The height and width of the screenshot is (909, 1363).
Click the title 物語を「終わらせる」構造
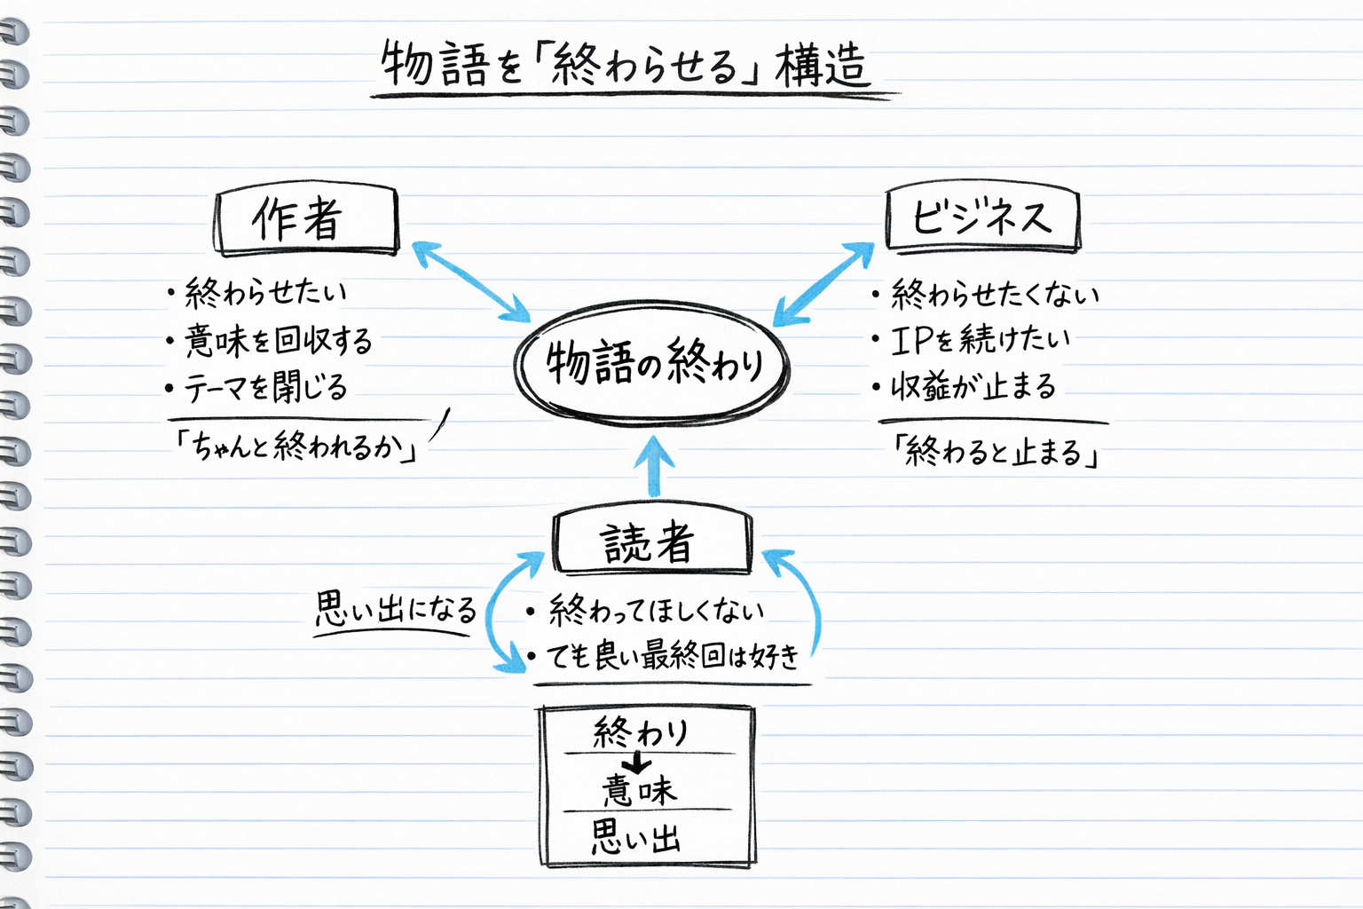pos(625,66)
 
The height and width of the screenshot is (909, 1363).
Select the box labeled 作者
pos(306,219)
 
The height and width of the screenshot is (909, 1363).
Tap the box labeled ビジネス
pos(982,217)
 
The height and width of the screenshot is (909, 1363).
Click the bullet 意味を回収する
pos(277,340)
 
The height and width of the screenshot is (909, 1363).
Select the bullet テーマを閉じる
pos(264,387)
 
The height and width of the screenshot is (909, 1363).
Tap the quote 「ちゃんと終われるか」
pos(296,446)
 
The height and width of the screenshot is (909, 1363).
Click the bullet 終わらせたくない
pos(994,294)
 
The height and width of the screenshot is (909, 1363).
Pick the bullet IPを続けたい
pos(980,339)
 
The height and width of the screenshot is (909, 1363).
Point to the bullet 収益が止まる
pos(973,386)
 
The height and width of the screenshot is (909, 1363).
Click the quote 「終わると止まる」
pos(996,452)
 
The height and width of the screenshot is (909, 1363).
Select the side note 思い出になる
pos(396,610)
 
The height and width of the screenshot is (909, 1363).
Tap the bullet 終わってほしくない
pos(656,611)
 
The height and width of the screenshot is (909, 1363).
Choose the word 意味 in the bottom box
pos(639,789)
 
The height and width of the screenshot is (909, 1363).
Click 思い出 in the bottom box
pos(636,836)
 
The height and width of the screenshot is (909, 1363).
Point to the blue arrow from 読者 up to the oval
pos(654,465)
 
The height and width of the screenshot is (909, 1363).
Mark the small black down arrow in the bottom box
pos(636,763)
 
